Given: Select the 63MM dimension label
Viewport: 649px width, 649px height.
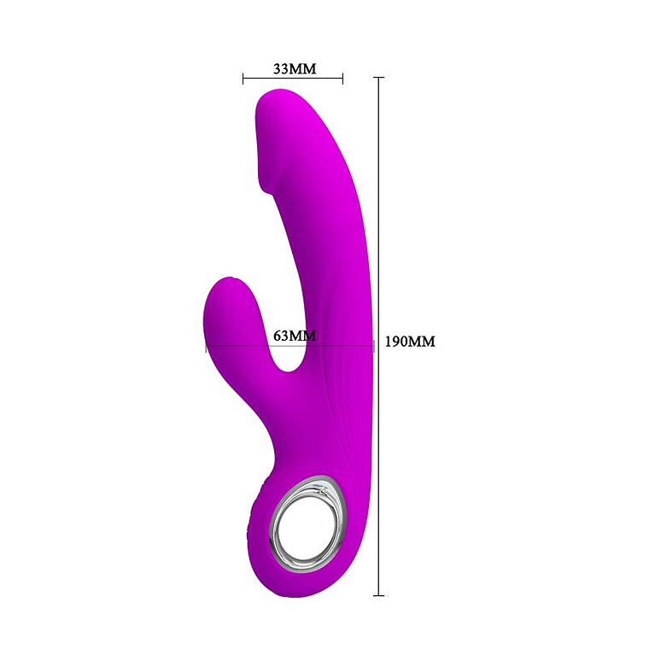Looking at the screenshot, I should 295,336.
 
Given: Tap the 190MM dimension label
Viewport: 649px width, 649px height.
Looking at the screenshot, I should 410,342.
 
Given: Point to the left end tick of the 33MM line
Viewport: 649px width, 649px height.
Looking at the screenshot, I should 243,79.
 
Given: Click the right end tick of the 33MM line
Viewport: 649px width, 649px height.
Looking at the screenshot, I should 342,79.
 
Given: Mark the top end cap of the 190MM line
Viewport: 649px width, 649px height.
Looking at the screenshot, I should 378,78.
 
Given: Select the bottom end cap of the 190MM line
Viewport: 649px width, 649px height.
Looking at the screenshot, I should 378,594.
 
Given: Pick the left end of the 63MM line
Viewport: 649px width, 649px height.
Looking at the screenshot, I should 206,346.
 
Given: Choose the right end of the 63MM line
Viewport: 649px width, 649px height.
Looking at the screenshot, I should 373,346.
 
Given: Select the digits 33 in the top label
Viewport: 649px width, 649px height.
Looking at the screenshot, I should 281,69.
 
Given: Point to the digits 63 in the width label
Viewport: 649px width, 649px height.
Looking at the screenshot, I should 282,336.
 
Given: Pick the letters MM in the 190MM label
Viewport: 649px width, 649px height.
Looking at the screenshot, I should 423,342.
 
